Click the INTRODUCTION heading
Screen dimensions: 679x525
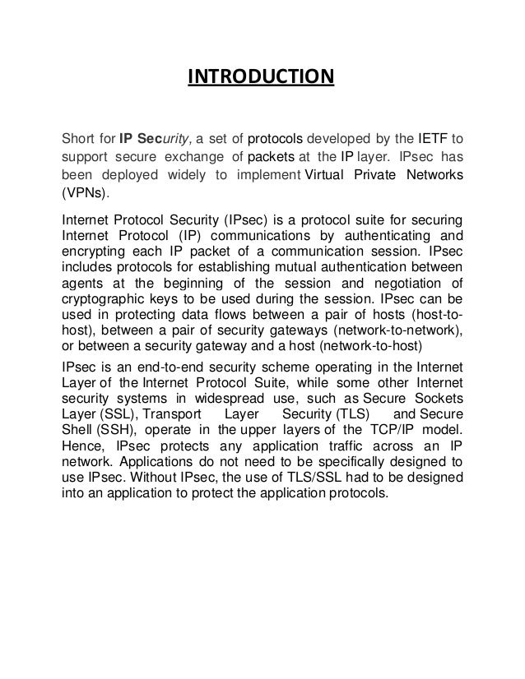coord(262,78)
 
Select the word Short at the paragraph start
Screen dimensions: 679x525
coord(79,136)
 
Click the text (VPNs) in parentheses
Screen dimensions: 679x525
coord(85,196)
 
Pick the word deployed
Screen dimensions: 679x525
coord(133,176)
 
